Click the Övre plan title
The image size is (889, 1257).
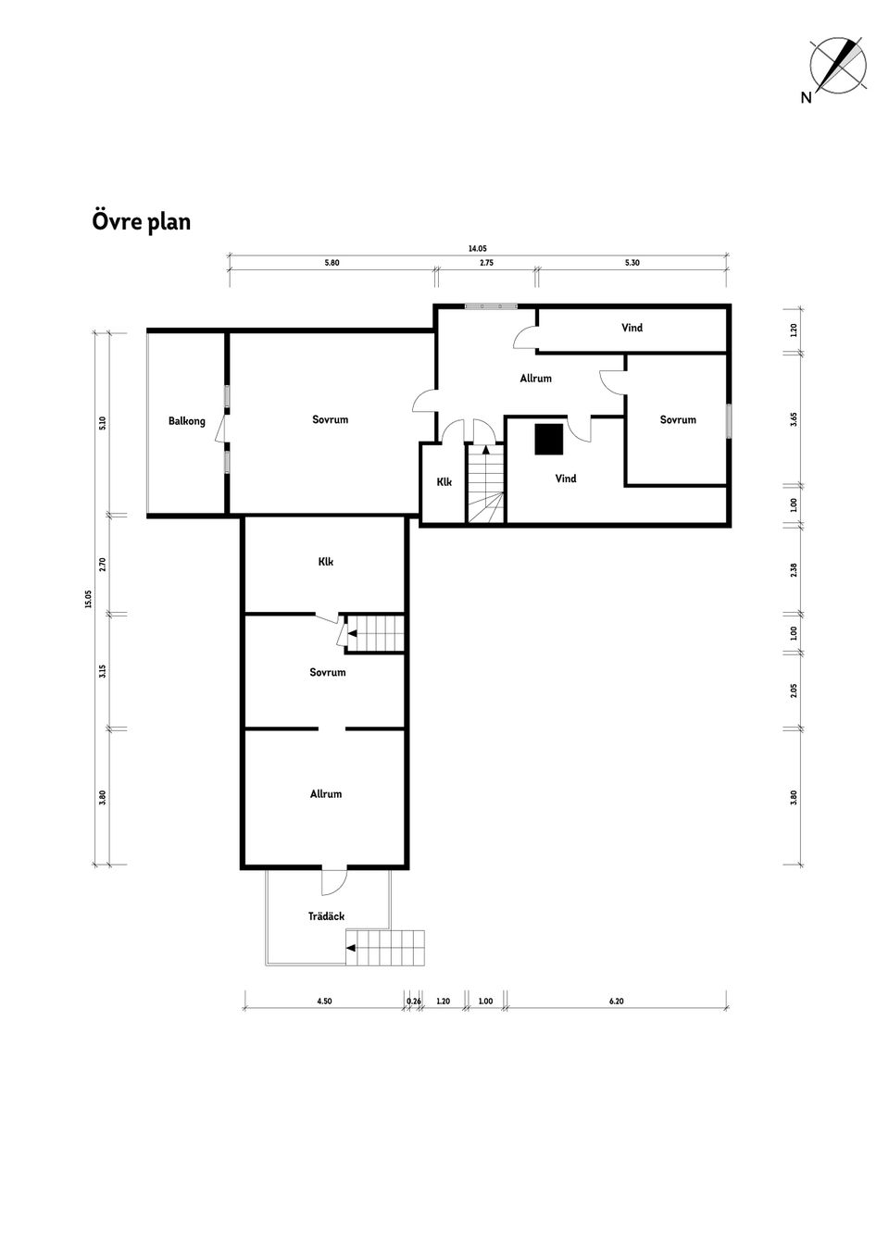[141, 222]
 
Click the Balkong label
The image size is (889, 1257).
[187, 421]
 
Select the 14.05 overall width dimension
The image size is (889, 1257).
[478, 249]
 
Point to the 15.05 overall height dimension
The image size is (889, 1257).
[89, 599]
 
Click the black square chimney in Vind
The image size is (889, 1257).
[548, 439]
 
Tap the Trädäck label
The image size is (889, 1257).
[326, 916]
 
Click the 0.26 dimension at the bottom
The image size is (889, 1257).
[414, 1002]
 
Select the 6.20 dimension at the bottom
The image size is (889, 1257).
[617, 1002]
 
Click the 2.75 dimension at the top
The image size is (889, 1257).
[486, 263]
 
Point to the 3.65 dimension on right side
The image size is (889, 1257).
[794, 419]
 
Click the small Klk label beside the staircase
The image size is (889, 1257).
[444, 482]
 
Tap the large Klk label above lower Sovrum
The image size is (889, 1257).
[325, 562]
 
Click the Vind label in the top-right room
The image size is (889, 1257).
[632, 328]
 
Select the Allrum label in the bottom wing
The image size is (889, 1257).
[326, 794]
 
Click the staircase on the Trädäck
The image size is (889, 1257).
[385, 947]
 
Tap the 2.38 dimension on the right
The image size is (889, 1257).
[794, 569]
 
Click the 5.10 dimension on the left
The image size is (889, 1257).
[103, 423]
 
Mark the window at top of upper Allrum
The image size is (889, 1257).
[491, 305]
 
